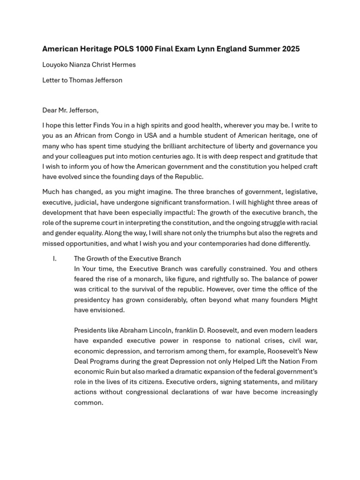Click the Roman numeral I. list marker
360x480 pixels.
pos(55,258)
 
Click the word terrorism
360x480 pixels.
pos(145,351)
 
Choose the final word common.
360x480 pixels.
pos(88,402)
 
